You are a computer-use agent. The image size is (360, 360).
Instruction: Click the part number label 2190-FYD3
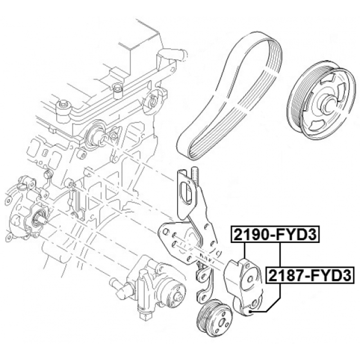275,234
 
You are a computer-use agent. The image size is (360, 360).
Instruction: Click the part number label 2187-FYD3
310,275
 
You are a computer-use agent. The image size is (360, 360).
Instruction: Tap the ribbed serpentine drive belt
229,96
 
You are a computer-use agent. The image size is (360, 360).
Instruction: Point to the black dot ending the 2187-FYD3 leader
251,311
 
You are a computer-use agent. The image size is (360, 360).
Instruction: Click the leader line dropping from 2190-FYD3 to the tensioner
245,250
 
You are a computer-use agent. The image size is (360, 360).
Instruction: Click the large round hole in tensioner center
250,279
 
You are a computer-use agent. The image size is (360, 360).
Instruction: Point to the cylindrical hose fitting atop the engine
173,54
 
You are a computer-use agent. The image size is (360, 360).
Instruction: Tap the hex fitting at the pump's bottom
145,316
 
